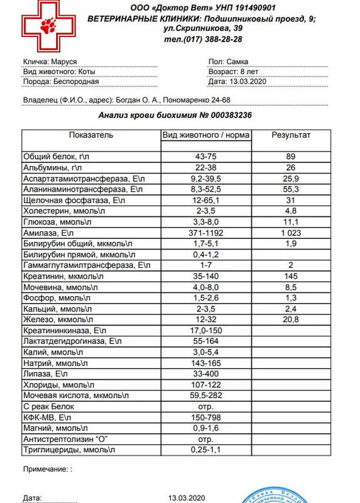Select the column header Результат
(x=290, y=135)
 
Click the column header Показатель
(x=91, y=135)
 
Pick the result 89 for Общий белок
(x=290, y=156)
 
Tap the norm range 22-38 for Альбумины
(x=205, y=167)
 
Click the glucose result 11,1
(x=290, y=221)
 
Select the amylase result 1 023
(x=290, y=233)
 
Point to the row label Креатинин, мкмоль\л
(x=65, y=276)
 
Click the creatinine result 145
(x=290, y=276)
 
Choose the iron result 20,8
(x=290, y=319)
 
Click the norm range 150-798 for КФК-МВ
(x=205, y=417)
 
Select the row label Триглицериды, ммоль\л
(x=70, y=450)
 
